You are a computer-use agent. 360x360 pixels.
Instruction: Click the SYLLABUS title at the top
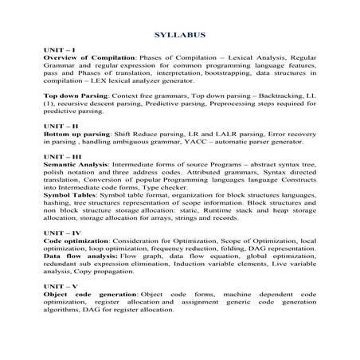[179, 35]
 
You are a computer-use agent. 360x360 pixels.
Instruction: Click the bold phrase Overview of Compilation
[90, 58]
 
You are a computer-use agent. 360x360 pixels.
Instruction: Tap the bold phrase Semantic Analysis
[79, 164]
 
